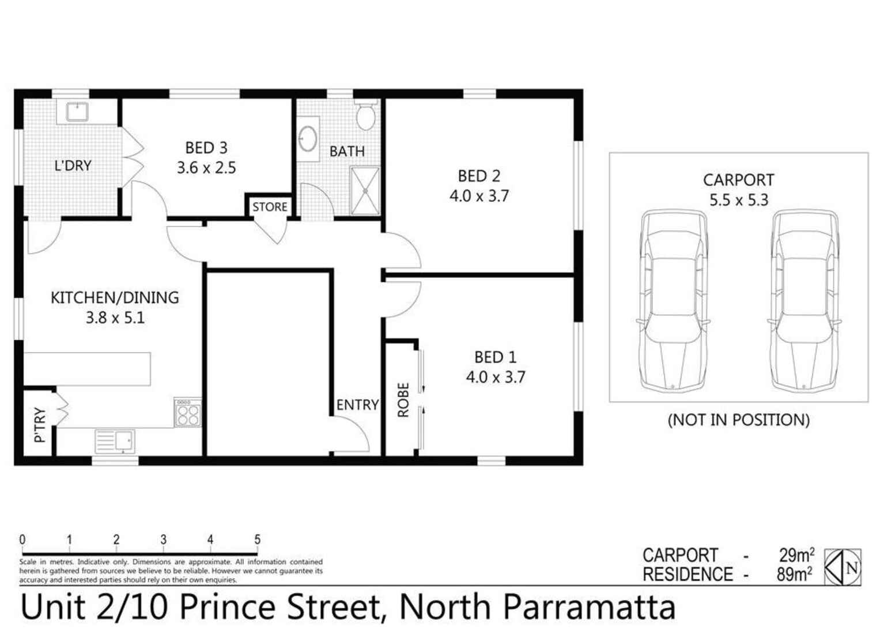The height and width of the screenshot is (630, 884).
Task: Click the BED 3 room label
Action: [x=206, y=148]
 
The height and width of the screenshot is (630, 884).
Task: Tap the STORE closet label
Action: [x=269, y=207]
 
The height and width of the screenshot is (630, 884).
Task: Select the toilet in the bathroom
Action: [x=365, y=116]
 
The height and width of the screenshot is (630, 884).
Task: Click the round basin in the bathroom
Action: [x=308, y=138]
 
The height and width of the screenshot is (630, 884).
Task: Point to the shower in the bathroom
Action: [x=365, y=190]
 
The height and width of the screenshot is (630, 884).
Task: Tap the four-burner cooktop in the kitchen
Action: [x=188, y=413]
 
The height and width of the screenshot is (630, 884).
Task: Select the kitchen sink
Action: [x=115, y=442]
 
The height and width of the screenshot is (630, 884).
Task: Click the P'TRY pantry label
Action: [x=39, y=425]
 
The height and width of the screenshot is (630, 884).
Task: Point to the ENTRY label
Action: [x=357, y=405]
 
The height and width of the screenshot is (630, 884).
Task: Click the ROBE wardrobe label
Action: [x=403, y=399]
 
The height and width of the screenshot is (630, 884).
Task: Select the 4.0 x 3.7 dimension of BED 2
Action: [x=479, y=196]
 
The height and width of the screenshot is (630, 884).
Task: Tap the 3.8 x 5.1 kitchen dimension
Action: [x=115, y=318]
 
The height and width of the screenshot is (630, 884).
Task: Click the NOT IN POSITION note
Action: [x=738, y=420]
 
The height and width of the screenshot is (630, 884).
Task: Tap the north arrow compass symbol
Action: [x=843, y=567]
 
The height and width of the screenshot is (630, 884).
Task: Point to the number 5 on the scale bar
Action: [x=257, y=540]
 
